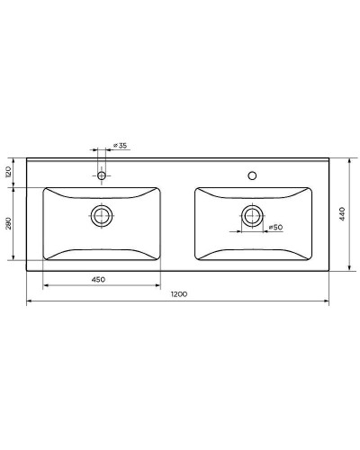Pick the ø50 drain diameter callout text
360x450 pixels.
277,228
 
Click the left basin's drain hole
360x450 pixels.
103,215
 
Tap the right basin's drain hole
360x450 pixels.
251,215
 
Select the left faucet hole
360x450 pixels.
102,175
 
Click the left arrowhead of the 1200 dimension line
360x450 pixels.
30,301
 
